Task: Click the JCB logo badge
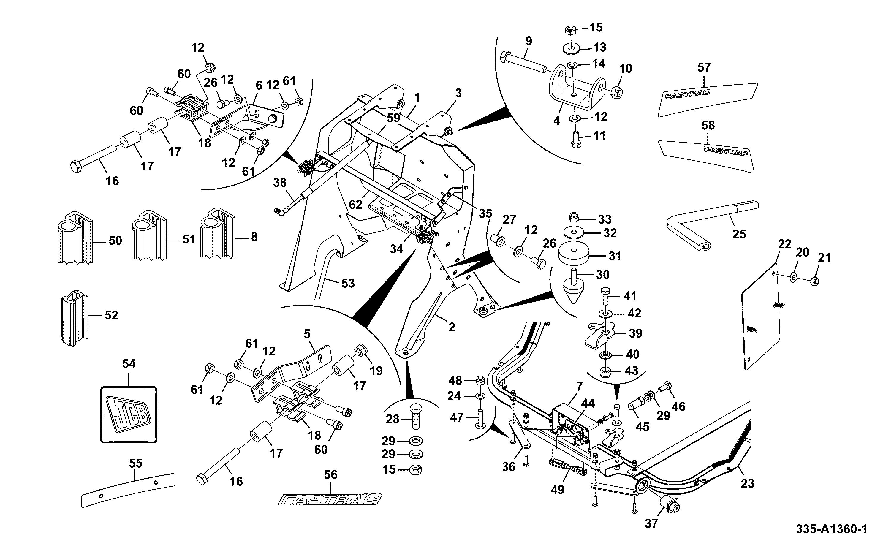[129, 415]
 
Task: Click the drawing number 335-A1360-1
[832, 529]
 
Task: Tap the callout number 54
[129, 363]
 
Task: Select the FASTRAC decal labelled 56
[330, 500]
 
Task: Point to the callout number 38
[280, 182]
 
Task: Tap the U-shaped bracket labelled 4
[574, 87]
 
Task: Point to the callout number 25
[739, 234]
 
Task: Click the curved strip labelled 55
[128, 490]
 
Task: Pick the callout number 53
[348, 283]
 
